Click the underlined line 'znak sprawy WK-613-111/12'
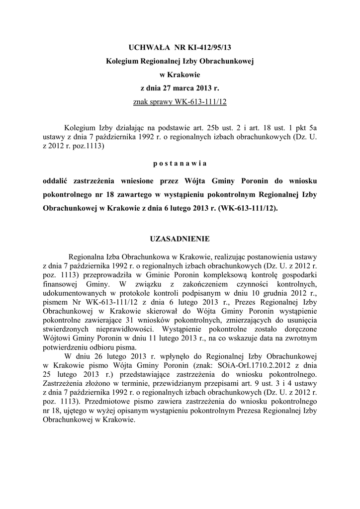[x=180, y=102]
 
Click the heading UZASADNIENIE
[x=180, y=239]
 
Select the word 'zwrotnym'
[x=301, y=338]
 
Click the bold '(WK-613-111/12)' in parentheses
[x=248, y=209]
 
